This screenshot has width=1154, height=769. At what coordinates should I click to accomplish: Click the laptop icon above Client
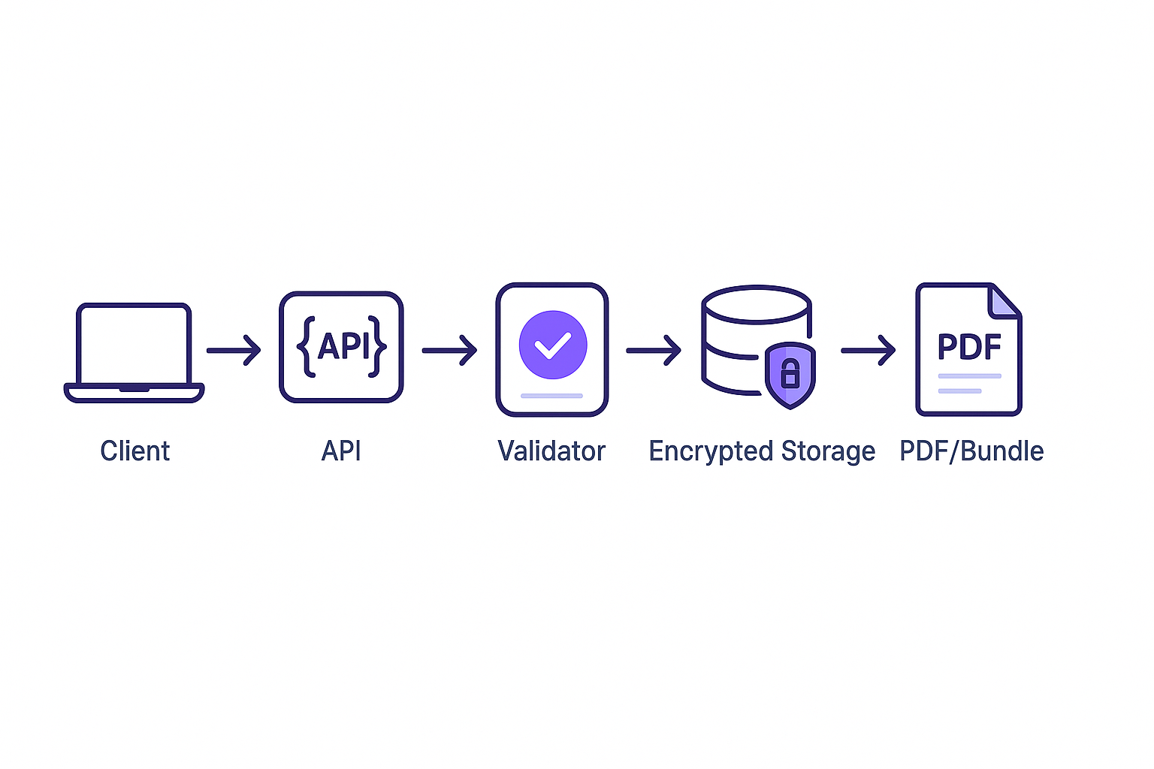[134, 351]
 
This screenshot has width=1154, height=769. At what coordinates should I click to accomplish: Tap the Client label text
[135, 451]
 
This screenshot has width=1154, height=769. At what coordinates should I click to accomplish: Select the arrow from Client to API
[234, 350]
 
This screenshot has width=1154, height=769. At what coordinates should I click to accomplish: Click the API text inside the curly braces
[344, 346]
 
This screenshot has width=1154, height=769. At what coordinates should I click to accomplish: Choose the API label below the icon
[341, 451]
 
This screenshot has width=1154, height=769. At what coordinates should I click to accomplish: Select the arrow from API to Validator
[449, 350]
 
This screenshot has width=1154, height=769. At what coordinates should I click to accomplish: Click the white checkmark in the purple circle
[553, 345]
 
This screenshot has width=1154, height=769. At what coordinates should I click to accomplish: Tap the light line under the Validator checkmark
[551, 395]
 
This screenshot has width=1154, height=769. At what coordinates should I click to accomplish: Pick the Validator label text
[551, 451]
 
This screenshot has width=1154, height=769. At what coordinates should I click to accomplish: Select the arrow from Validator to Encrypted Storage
[654, 350]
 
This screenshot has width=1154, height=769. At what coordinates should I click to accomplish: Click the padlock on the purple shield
[790, 373]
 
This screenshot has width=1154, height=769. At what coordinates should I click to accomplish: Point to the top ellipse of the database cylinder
[756, 304]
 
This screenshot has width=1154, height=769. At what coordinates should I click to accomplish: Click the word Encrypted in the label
[711, 451]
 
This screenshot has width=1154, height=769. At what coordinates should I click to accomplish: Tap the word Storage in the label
[828, 451]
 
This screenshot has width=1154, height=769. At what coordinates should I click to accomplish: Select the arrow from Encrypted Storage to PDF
[869, 350]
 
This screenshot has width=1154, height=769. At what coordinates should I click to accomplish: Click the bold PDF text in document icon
[969, 347]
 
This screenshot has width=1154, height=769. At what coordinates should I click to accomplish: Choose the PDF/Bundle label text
[971, 451]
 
